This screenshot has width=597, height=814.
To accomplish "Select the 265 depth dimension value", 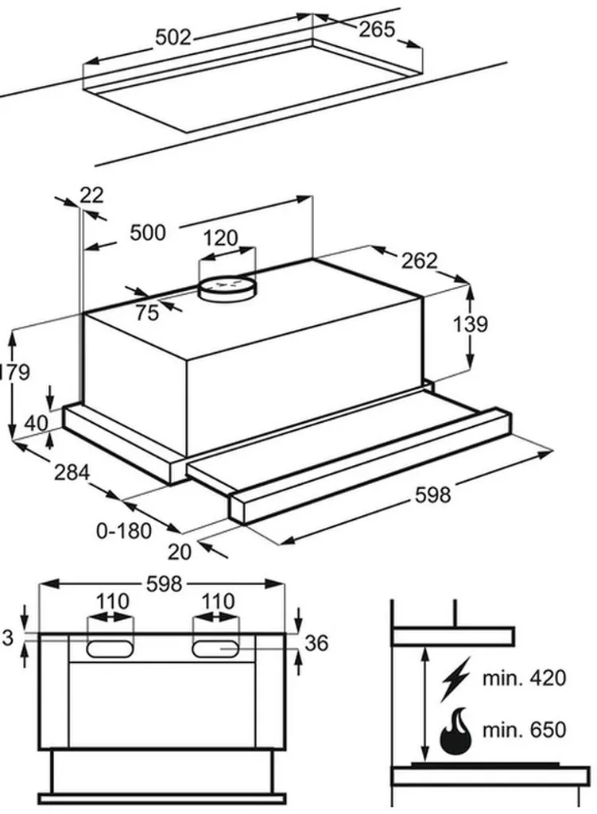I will coord(376,29).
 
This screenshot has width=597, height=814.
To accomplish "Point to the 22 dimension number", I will coord(91,195).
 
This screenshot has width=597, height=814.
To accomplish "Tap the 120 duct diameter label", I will coord(220,238).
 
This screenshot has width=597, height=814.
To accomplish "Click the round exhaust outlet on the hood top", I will coord(228,286).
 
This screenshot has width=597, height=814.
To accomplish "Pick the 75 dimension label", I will coord(146,312).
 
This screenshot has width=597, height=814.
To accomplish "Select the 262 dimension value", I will coord(419,260).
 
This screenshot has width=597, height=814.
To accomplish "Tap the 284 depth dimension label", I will coord(72,473).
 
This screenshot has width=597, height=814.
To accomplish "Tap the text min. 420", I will coord(525,678).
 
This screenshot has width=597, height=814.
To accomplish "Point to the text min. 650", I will coord(525,730).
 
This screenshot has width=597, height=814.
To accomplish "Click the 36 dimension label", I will coord(316,643).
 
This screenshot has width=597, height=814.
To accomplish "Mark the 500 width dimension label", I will coord(148,232).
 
